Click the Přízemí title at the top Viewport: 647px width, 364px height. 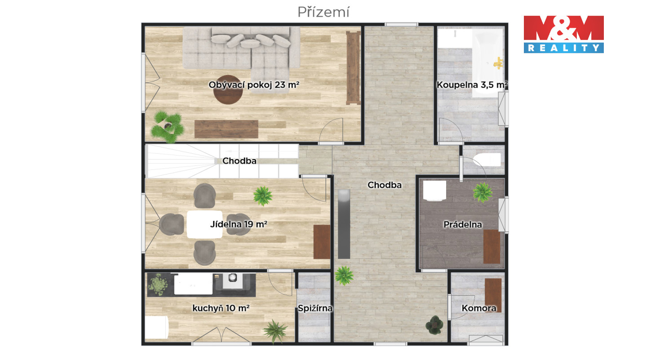323,13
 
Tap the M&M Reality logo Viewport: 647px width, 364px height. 563,34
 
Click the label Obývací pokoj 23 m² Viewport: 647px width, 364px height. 254,85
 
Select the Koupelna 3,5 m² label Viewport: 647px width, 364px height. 472,85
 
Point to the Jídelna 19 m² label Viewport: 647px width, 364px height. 239,224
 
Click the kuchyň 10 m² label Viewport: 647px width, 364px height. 221,308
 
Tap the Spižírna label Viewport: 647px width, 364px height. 315,309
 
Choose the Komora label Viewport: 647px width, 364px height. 479,308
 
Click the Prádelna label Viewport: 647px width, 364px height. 463,225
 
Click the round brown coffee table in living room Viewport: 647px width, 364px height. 228,89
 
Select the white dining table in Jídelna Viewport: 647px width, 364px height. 204,225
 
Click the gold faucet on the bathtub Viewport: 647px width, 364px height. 498,63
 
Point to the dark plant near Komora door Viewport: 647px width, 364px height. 434,325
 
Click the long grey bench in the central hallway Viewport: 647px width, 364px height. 344,224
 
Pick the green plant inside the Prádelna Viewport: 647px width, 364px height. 482,192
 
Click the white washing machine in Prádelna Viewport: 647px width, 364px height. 434,191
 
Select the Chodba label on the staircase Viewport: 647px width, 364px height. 239,161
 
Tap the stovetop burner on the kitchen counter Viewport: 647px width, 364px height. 233,277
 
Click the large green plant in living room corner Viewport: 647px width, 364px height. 168,127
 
